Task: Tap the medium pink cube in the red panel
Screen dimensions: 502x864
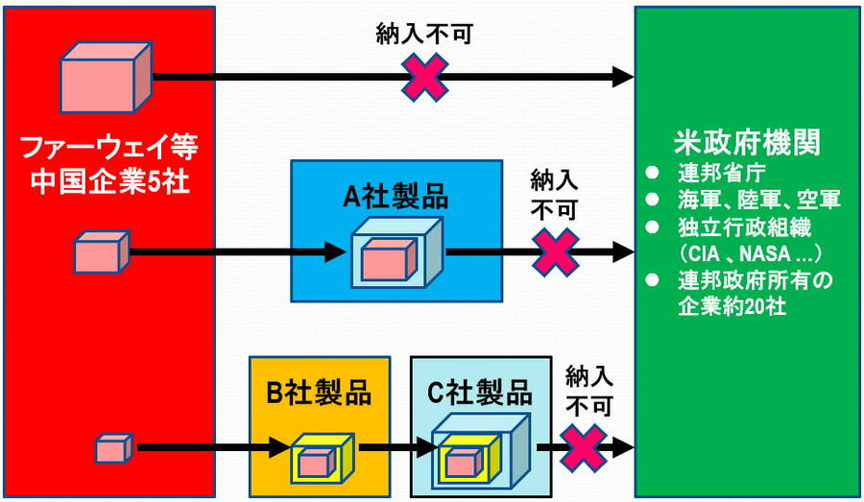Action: (x=100, y=252)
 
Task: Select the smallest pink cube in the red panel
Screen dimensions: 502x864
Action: (x=113, y=447)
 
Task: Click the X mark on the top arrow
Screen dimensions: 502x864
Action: (x=424, y=78)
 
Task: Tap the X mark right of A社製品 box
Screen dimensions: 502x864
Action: (x=556, y=251)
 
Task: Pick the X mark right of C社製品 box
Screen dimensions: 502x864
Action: (x=584, y=446)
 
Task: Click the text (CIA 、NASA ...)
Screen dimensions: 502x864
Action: (x=737, y=254)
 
